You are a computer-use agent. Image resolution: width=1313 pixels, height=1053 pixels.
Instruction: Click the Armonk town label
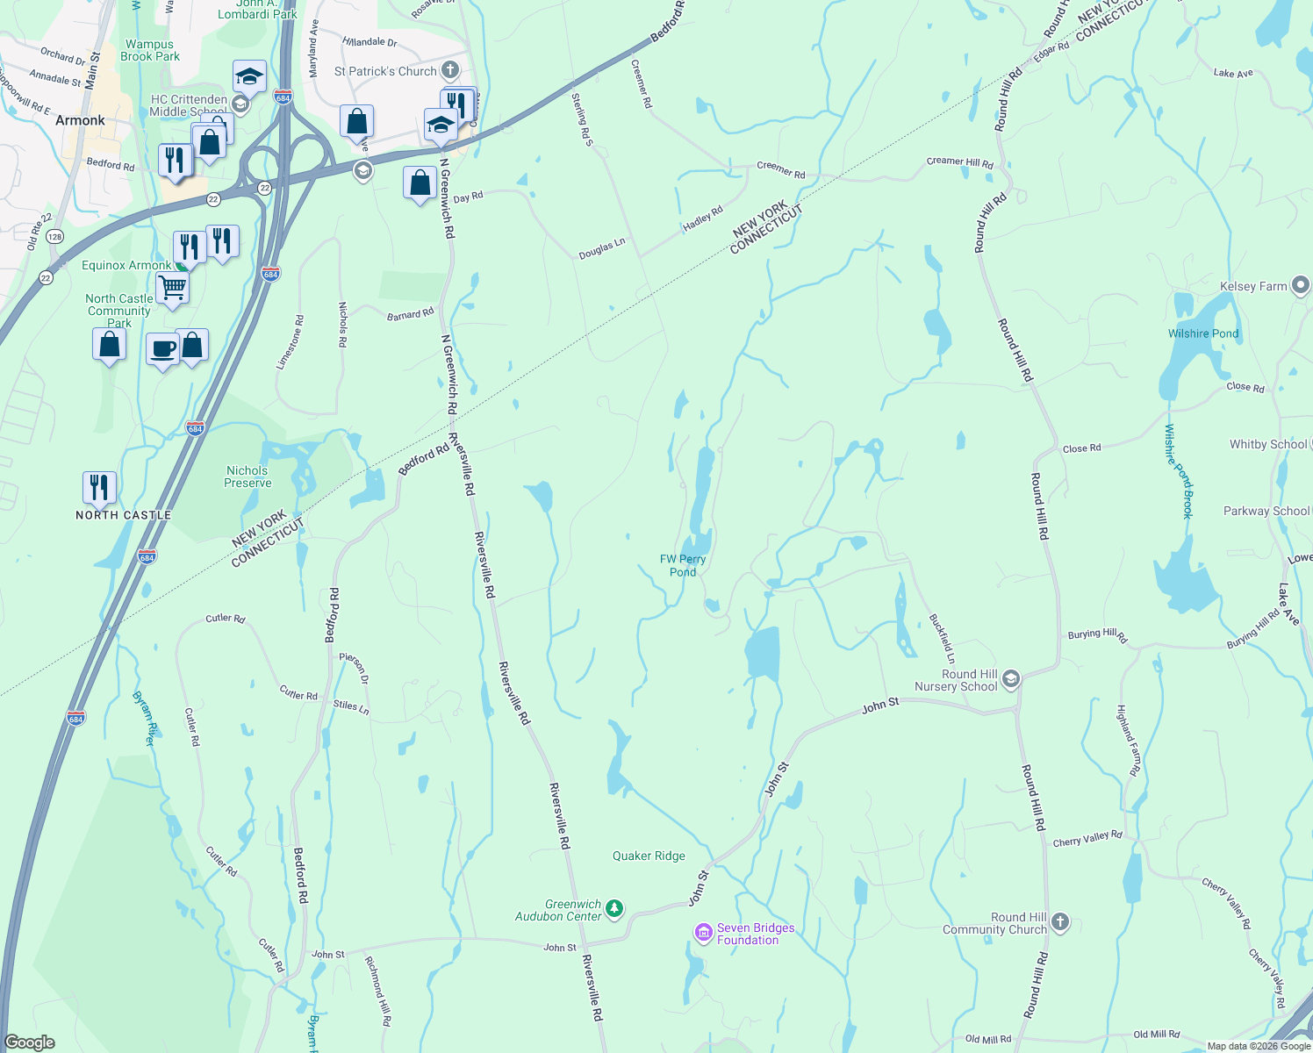[x=80, y=120]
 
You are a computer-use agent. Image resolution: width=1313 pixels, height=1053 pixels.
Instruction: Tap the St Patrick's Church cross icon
[x=449, y=70]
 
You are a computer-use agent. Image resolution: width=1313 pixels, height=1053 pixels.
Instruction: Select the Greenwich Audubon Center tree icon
[x=614, y=909]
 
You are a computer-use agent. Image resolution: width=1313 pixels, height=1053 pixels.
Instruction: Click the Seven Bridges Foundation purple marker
[x=703, y=933]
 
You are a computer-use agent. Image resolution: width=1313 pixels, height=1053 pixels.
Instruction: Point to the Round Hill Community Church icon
[x=1060, y=921]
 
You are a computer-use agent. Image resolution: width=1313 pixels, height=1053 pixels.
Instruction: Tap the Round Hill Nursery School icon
[x=1010, y=678]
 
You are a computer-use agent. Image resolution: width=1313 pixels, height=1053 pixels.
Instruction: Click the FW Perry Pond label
[x=683, y=565]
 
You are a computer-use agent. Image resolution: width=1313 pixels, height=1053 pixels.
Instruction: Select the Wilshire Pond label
[x=1203, y=333]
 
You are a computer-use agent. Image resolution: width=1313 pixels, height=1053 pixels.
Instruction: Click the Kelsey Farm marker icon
[x=1301, y=285]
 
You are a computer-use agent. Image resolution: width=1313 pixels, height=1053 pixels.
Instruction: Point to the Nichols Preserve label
[x=248, y=476]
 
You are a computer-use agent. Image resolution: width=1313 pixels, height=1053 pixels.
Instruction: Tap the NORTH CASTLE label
[x=124, y=515]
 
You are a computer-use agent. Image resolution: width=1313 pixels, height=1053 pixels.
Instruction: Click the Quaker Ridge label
[x=649, y=856]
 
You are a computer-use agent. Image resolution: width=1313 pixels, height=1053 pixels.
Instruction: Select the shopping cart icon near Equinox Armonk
[x=172, y=287]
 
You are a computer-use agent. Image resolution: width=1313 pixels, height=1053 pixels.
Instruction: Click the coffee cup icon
[x=162, y=348]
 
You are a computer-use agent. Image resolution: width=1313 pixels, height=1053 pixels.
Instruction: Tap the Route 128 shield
[x=55, y=237]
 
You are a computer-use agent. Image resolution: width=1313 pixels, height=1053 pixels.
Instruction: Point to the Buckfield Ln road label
[x=942, y=638]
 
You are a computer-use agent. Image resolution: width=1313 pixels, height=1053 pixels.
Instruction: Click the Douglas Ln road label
[x=602, y=249]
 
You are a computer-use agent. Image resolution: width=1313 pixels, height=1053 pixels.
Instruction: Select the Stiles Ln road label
[x=351, y=706]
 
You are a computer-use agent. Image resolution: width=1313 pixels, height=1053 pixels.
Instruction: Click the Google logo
[x=30, y=1042]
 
